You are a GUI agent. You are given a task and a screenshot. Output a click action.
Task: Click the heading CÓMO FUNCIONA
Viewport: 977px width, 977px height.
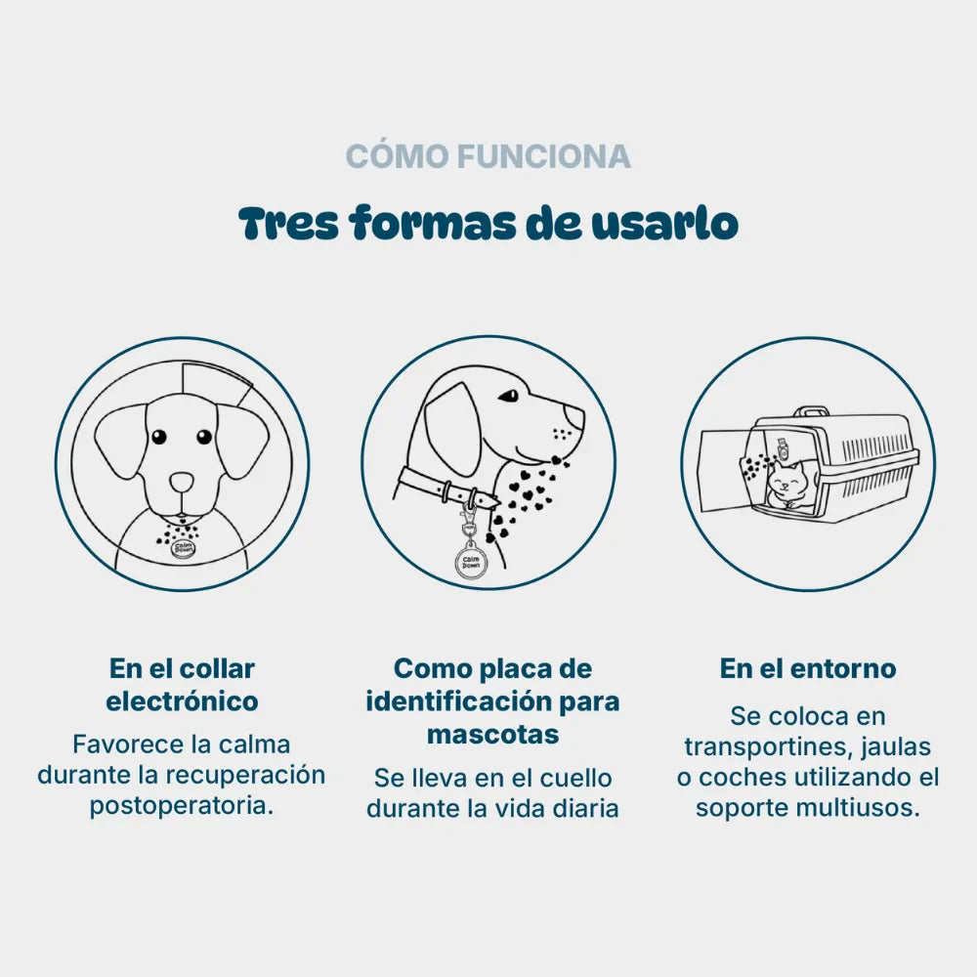click(488, 155)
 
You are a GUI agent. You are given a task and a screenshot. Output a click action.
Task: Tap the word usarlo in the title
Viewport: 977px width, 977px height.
click(664, 223)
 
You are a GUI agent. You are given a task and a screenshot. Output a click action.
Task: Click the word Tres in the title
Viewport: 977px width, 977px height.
click(288, 223)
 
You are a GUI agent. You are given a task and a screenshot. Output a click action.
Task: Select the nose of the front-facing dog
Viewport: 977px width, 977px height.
click(182, 482)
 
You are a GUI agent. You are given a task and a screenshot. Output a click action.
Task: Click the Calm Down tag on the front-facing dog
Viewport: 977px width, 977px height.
click(184, 549)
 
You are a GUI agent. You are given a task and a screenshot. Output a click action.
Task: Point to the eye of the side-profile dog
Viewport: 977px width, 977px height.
click(509, 396)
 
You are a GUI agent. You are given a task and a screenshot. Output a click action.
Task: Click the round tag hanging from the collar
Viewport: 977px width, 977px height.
click(471, 562)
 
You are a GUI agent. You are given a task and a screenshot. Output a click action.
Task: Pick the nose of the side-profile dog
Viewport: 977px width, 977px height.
click(573, 416)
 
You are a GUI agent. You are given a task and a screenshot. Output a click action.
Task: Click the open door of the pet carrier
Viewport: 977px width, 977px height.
click(725, 471)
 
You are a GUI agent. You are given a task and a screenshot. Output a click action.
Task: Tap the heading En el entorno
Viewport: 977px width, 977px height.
click(808, 668)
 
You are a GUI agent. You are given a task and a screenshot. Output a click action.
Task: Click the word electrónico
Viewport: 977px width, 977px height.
click(182, 701)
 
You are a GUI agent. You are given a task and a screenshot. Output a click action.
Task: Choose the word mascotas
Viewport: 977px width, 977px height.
click(492, 734)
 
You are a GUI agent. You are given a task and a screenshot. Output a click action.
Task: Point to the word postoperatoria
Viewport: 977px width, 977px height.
click(182, 806)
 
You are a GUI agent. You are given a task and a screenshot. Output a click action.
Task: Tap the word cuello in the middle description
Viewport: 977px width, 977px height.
click(575, 779)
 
